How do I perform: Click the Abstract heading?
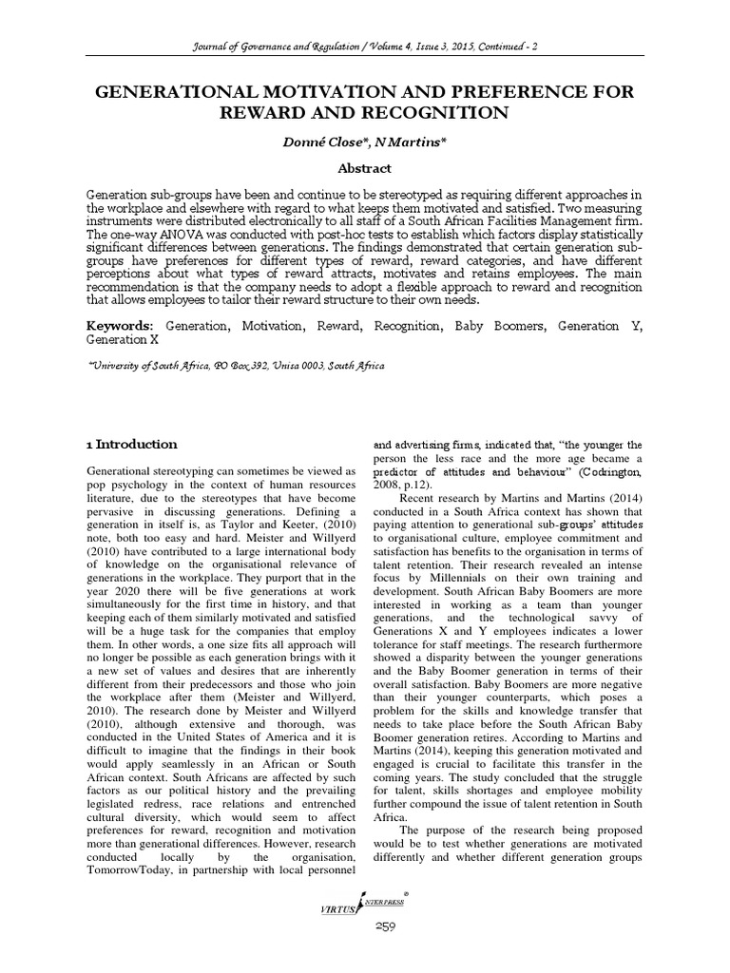pos(365,168)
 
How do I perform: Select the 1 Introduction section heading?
pos(131,444)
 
